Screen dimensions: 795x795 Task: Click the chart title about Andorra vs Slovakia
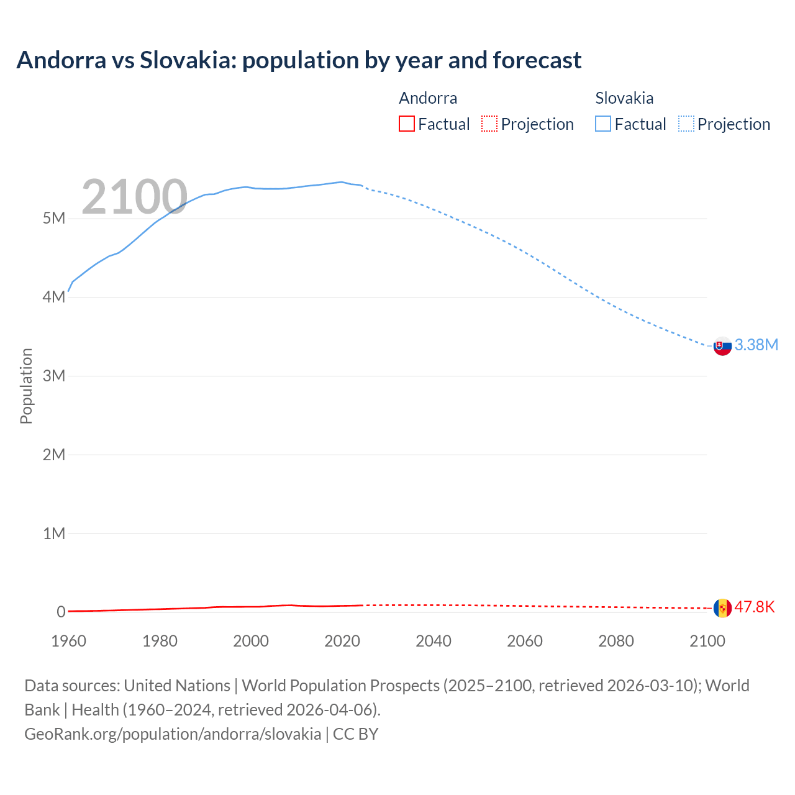[x=299, y=60]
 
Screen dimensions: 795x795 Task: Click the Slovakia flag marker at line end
[x=722, y=346]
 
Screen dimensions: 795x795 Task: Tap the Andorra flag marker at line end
[x=722, y=608]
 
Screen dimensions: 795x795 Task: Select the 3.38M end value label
[x=756, y=345]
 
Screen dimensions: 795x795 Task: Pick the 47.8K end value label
[x=755, y=607]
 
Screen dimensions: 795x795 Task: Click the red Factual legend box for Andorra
[x=407, y=124]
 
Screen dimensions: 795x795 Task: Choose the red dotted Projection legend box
[x=489, y=124]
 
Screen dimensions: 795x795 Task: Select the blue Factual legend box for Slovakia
[x=603, y=124]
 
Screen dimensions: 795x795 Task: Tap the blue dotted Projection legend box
[x=686, y=124]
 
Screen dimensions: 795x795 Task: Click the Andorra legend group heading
[x=428, y=98]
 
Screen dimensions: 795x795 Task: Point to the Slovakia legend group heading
[x=624, y=98]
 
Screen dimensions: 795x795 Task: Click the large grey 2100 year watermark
[x=134, y=197]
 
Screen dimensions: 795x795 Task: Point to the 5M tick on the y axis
[x=54, y=219]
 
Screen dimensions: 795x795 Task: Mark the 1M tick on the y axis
[x=54, y=534]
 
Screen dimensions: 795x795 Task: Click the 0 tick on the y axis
[x=61, y=612]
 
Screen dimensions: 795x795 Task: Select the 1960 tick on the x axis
[x=69, y=641]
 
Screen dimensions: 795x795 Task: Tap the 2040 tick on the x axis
[x=434, y=641]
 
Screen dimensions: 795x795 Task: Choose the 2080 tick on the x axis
[x=616, y=641]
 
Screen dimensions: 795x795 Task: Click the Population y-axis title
[x=26, y=386]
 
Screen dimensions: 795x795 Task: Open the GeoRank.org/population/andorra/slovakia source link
[x=173, y=734]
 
